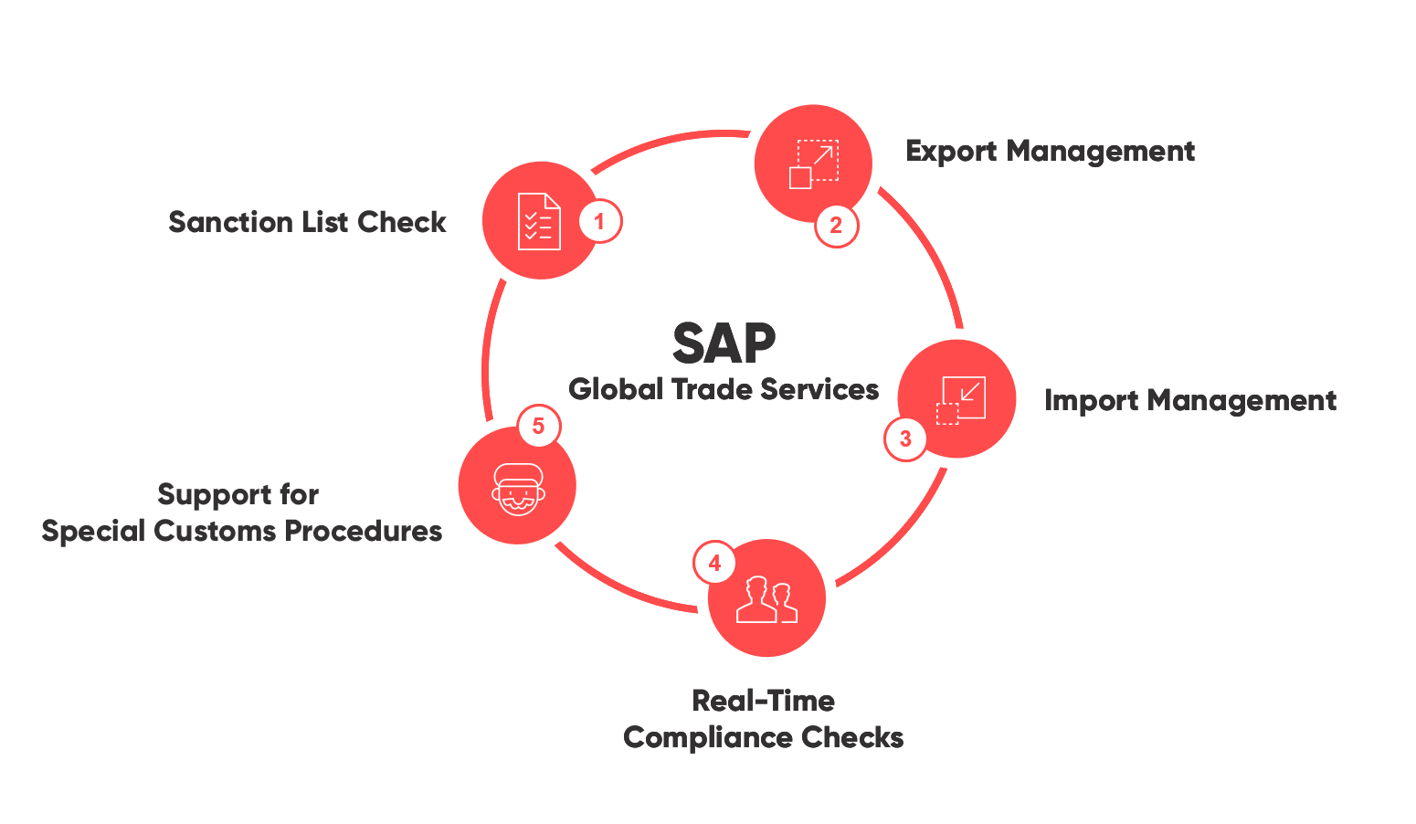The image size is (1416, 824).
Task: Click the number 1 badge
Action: tap(599, 221)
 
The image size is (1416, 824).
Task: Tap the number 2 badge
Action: tap(836, 225)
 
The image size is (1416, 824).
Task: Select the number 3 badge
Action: tap(905, 438)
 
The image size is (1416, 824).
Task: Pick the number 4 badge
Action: tap(714, 564)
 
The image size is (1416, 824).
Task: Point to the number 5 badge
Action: tap(538, 426)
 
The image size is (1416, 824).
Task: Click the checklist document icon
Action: tap(539, 221)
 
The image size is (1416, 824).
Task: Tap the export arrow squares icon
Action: tap(813, 164)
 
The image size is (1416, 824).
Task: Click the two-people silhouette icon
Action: tap(767, 599)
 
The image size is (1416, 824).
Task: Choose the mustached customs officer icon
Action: tap(518, 488)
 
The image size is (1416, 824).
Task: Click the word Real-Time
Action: tap(764, 701)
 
